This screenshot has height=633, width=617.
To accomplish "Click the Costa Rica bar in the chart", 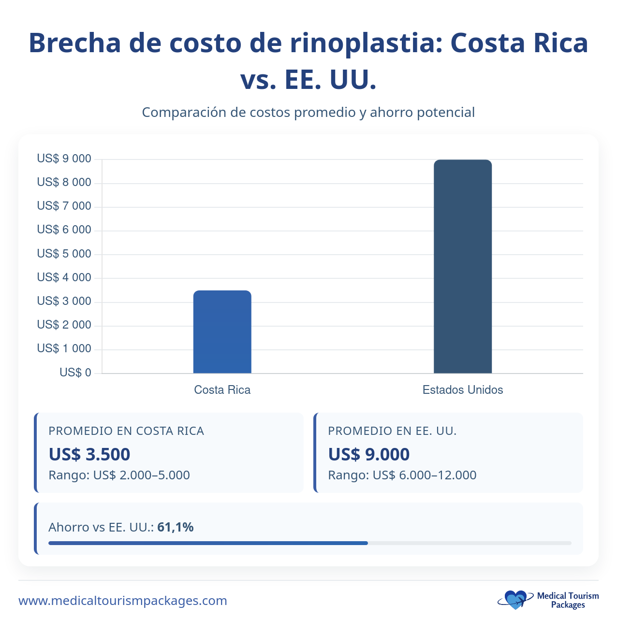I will [222, 332].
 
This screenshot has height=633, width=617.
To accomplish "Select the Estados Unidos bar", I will [462, 266].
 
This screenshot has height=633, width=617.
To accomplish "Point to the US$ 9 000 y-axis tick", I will [64, 158].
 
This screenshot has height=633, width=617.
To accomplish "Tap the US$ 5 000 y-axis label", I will [64, 254].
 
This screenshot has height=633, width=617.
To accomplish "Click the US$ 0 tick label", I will [75, 373].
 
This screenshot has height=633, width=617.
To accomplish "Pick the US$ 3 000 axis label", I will [64, 301].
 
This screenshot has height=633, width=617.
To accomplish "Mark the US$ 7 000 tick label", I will [64, 206].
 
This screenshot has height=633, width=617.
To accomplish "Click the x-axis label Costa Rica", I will [222, 390].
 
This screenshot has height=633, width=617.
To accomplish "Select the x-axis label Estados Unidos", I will [462, 390].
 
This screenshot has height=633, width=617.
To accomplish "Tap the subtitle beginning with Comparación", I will [308, 113].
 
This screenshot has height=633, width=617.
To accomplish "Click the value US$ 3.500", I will [89, 454].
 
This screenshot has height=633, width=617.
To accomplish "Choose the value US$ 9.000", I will [368, 454].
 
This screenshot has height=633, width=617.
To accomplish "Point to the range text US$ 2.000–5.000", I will [141, 475].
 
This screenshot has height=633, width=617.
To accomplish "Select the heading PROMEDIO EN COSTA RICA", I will [126, 431].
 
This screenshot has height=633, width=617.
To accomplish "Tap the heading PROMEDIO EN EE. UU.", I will [392, 431].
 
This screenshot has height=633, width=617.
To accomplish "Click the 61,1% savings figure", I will [176, 527].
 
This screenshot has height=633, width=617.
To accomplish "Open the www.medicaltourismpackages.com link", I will [123, 601].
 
